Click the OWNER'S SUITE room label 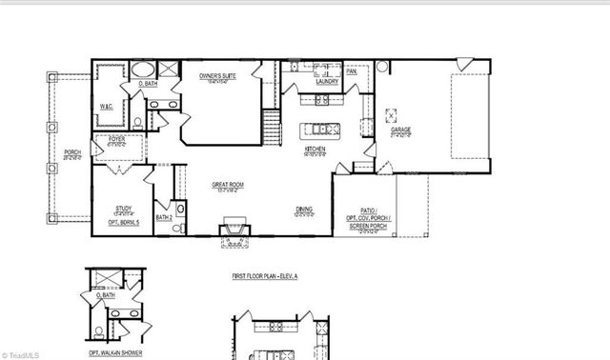pyautogui.click(x=217, y=74)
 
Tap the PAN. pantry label pyautogui.click(x=352, y=71)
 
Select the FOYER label pyautogui.click(x=116, y=140)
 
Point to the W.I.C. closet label pyautogui.click(x=107, y=108)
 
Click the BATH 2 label pyautogui.click(x=163, y=217)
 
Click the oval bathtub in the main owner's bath pyautogui.click(x=144, y=70)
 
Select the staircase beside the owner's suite pyautogui.click(x=273, y=125)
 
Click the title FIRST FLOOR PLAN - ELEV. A pyautogui.click(x=265, y=276)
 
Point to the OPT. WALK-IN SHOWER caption pyautogui.click(x=114, y=352)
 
